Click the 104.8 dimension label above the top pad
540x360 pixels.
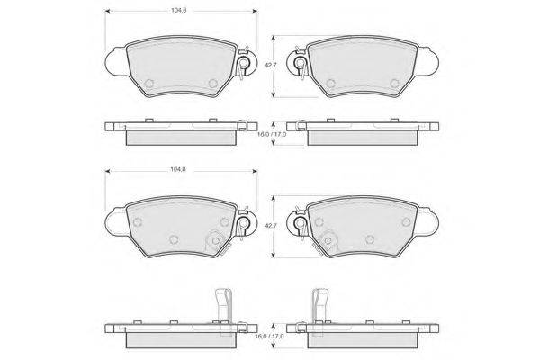tap(179, 10)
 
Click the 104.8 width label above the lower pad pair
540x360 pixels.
tap(178, 169)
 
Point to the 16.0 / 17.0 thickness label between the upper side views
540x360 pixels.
tap(272, 134)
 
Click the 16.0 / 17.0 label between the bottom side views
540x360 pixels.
tap(270, 336)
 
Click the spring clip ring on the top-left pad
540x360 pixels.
tap(244, 63)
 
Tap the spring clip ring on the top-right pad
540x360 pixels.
tap(301, 63)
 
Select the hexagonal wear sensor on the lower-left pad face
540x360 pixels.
tap(216, 240)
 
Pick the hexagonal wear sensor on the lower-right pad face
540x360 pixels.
tap(328, 240)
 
